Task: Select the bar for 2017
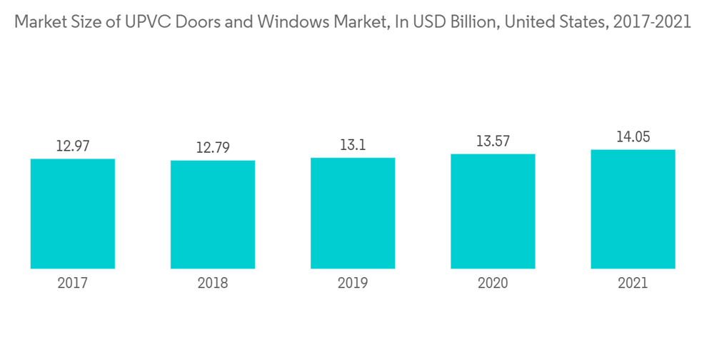pos(73,214)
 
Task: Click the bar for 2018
pos(213,214)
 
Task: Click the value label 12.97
pos(73,146)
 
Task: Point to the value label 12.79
pos(213,149)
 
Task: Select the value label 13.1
pos(353,145)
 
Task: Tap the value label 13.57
pos(493,141)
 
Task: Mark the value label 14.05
pos(633,137)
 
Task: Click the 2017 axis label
pos(73,284)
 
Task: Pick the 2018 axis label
pos(213,284)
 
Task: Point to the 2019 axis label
pos(353,284)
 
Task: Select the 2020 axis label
pos(493,284)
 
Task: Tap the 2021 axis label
pos(633,284)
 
